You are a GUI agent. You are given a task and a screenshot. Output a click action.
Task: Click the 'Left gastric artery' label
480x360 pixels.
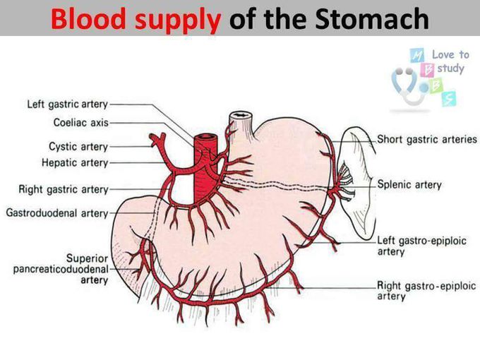[67, 104]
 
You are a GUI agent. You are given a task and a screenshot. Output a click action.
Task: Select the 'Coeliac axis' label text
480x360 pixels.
[80, 122]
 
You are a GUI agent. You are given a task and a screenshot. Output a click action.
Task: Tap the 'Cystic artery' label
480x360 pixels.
[78, 146]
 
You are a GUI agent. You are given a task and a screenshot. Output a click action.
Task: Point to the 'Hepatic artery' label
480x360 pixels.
[75, 162]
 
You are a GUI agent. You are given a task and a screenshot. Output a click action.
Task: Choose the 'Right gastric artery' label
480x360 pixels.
[64, 189]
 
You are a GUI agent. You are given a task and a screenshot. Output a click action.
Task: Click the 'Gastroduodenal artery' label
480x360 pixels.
[57, 212]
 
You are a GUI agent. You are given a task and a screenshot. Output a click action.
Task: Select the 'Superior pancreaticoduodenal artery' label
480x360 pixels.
[61, 269]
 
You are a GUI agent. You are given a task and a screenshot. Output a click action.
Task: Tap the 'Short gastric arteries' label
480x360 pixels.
[427, 139]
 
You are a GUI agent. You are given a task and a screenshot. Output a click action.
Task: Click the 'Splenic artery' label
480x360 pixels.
[409, 185]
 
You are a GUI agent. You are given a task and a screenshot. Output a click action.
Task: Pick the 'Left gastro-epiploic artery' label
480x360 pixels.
[421, 246]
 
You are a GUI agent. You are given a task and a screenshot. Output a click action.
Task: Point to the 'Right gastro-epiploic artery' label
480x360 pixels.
[426, 291]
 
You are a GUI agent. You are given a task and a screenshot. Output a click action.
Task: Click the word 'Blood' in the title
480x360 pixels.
[88, 18]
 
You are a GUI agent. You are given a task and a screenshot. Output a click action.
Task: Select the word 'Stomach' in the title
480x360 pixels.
[372, 18]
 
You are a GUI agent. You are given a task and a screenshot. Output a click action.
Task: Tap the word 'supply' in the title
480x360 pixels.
[178, 20]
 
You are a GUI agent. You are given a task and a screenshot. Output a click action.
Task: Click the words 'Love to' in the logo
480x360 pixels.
[450, 55]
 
